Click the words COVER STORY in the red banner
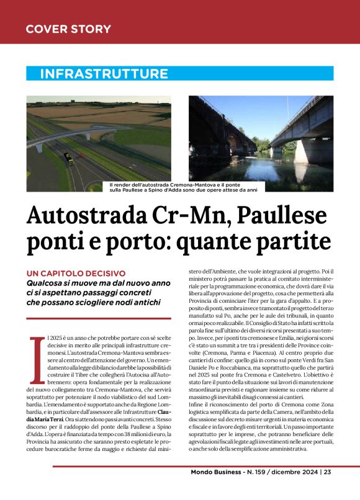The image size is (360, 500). click(x=68, y=29)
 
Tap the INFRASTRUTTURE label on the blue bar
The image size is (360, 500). click(x=104, y=74)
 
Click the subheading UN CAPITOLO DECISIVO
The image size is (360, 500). click(x=76, y=274)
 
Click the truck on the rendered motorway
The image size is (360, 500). click(x=70, y=159)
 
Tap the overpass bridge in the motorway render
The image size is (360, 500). click(x=93, y=133)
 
